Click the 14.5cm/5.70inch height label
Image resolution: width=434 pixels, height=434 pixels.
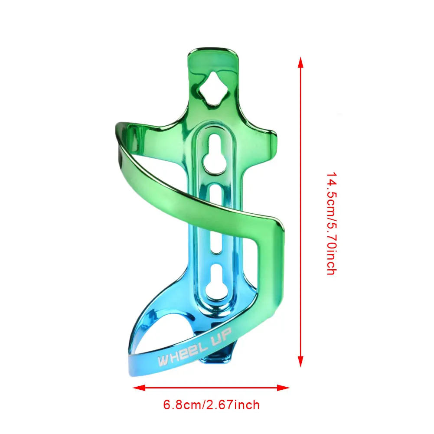(x=331, y=224)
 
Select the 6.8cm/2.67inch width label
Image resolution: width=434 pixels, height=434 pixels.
(x=211, y=405)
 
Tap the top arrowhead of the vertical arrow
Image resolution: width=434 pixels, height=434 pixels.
(x=300, y=62)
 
